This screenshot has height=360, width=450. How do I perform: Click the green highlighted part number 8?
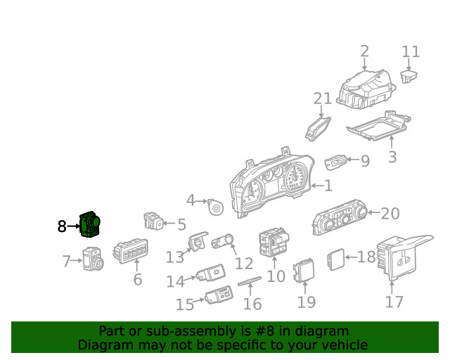click(90, 224)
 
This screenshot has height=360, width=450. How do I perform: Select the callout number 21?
click(323, 98)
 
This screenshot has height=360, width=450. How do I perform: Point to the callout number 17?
click(394, 302)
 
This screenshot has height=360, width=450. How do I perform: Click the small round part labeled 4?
click(215, 207)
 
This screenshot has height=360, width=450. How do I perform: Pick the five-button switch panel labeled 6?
click(131, 251)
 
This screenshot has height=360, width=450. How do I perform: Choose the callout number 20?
click(390, 214)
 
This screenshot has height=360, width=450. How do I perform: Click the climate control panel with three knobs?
click(340, 217)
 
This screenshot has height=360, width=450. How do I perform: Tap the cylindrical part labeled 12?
click(222, 241)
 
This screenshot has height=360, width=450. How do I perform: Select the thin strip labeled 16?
click(250, 281)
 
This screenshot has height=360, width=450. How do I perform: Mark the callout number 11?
click(411, 51)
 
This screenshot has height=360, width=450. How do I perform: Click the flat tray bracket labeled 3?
click(378, 126)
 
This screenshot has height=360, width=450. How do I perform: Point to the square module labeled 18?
click(335, 259)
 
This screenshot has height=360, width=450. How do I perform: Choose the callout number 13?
click(175, 257)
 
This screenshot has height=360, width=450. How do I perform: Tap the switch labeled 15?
click(219, 295)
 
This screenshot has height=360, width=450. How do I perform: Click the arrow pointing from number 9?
click(353, 159)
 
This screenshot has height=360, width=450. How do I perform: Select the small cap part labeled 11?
click(409, 77)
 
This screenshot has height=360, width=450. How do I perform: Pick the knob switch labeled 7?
click(93, 259)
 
